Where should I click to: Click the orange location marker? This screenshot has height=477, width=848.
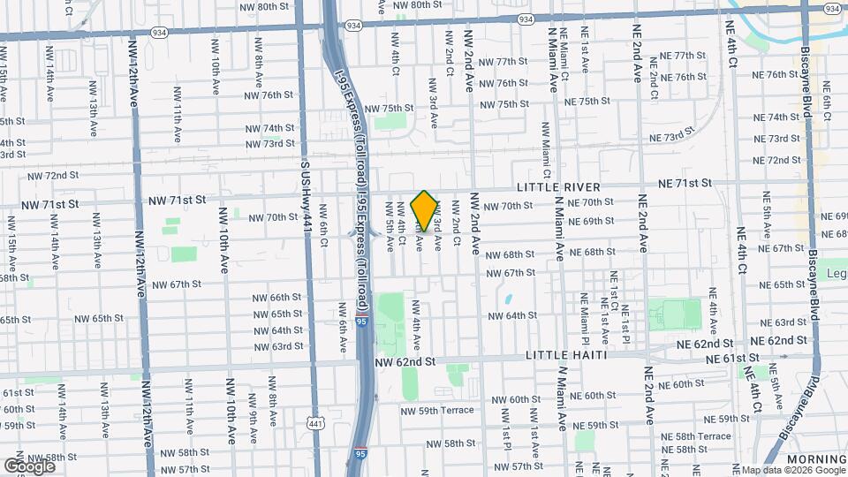point(425,210)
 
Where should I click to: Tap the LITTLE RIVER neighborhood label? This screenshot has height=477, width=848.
point(559,187)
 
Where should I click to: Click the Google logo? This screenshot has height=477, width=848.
point(29,466)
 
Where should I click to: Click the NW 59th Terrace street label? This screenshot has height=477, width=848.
point(438,410)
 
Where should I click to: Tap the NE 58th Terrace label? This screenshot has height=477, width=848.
point(702,436)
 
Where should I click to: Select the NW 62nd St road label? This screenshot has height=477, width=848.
point(405,362)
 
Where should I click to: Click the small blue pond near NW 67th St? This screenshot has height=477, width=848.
point(509,299)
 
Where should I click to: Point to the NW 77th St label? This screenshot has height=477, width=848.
point(500,62)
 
